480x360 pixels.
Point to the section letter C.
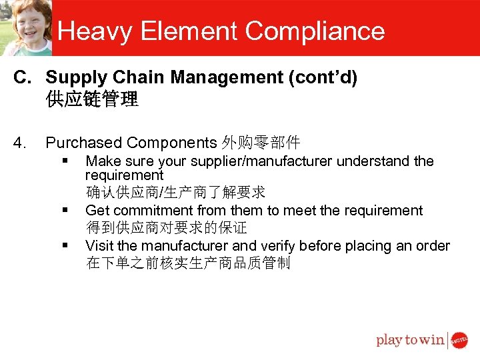(22, 78)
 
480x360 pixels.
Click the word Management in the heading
(227, 78)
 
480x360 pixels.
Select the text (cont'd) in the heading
(323, 78)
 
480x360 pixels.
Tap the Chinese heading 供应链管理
(92, 100)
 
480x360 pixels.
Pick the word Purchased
(84, 143)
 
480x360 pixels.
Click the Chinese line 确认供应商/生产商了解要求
(175, 193)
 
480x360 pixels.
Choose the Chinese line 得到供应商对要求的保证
(166, 228)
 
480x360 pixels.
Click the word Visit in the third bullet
(100, 246)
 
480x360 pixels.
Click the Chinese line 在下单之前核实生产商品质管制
(188, 263)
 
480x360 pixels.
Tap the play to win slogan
(410, 340)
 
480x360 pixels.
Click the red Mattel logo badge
(459, 340)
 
